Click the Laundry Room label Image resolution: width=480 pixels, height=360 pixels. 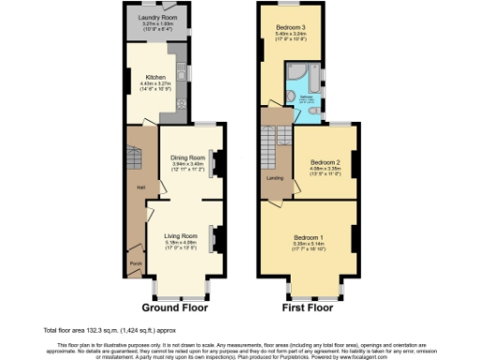point(157,17)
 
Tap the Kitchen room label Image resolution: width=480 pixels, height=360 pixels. point(155,77)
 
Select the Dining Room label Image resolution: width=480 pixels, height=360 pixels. point(190,157)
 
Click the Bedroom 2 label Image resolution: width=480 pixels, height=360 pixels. point(324,162)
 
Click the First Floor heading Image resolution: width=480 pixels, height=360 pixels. point(307,307)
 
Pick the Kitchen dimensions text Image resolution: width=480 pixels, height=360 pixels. point(155,86)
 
